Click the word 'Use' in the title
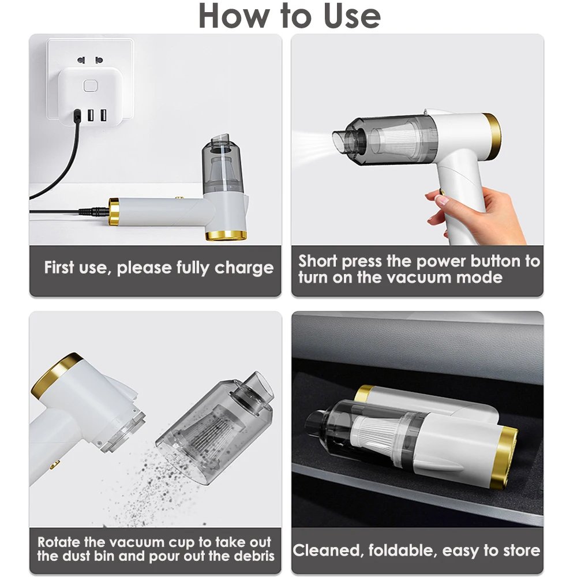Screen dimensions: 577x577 [x=352, y=16]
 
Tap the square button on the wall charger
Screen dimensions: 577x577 [x=90, y=86]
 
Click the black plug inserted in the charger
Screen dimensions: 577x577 [x=77, y=116]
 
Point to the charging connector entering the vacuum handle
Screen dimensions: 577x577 [x=94, y=212]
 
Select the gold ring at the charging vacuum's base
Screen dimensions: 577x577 [x=226, y=235]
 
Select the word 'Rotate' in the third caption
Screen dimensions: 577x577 [x=59, y=542]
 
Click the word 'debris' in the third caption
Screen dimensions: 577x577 [x=254, y=556]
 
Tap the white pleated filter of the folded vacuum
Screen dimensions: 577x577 [x=376, y=435]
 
